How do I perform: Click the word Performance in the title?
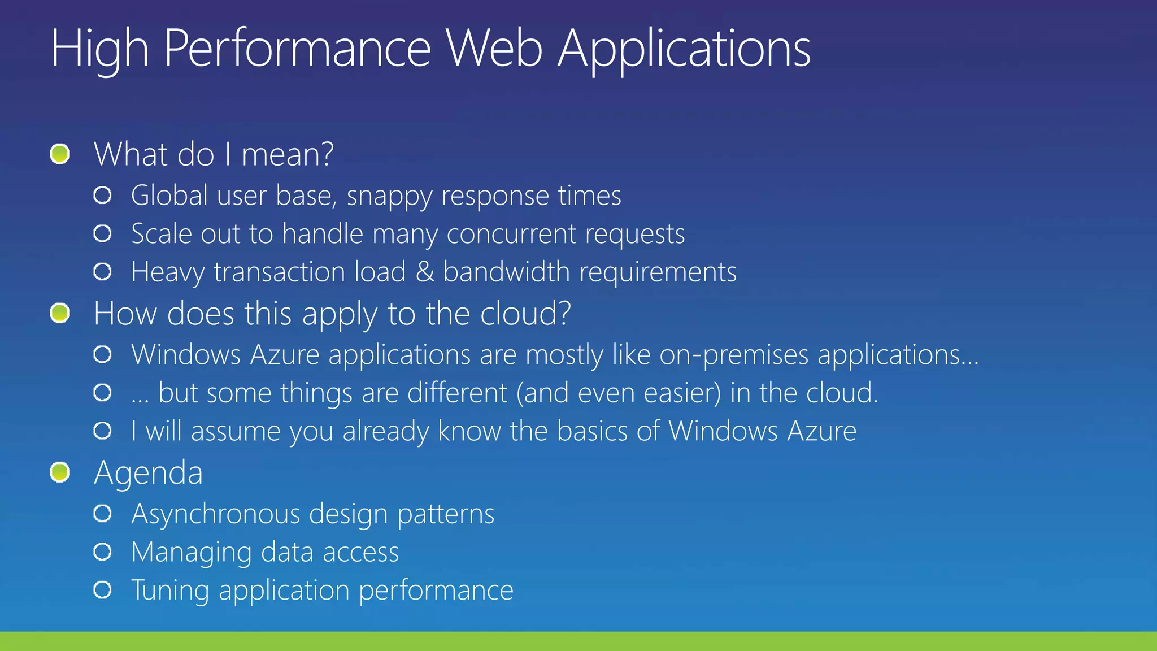pyautogui.click(x=298, y=49)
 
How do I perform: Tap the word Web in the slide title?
pyautogui.click(x=494, y=49)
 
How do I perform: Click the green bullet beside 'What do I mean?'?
pyautogui.click(x=60, y=154)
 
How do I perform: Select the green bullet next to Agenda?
pyautogui.click(x=60, y=472)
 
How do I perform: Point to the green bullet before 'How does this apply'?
pyautogui.click(x=60, y=313)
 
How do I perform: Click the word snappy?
pyautogui.click(x=389, y=197)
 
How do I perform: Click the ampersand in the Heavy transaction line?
pyautogui.click(x=424, y=272)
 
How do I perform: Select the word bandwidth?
pyautogui.click(x=506, y=272)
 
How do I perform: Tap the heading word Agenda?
pyautogui.click(x=148, y=474)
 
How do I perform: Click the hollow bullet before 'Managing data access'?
pyautogui.click(x=103, y=552)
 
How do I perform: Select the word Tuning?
pyautogui.click(x=170, y=591)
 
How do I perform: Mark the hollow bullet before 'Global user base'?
pyautogui.click(x=103, y=196)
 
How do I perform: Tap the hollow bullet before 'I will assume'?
pyautogui.click(x=103, y=431)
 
